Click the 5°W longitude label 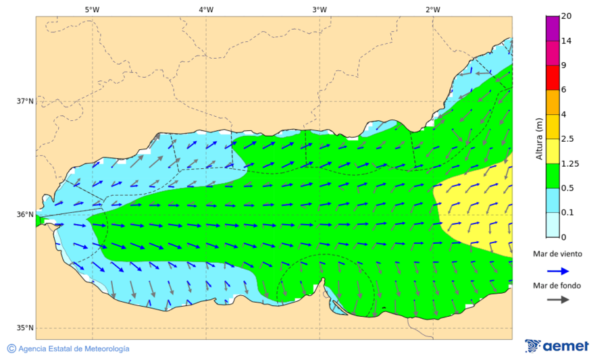click(92, 9)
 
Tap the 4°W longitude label click(206, 9)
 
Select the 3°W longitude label click(320, 9)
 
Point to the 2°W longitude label click(433, 9)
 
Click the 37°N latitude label click(25, 101)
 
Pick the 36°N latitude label click(25, 215)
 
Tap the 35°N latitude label click(25, 328)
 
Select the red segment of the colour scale click(553, 78)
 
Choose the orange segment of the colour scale click(553, 102)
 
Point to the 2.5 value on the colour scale click(567, 139)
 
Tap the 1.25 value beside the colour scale click(569, 163)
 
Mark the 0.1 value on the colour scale click(567, 212)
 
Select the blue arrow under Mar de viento click(557, 270)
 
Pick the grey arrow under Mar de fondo click(557, 300)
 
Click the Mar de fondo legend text click(557, 286)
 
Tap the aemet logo click(557, 346)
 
